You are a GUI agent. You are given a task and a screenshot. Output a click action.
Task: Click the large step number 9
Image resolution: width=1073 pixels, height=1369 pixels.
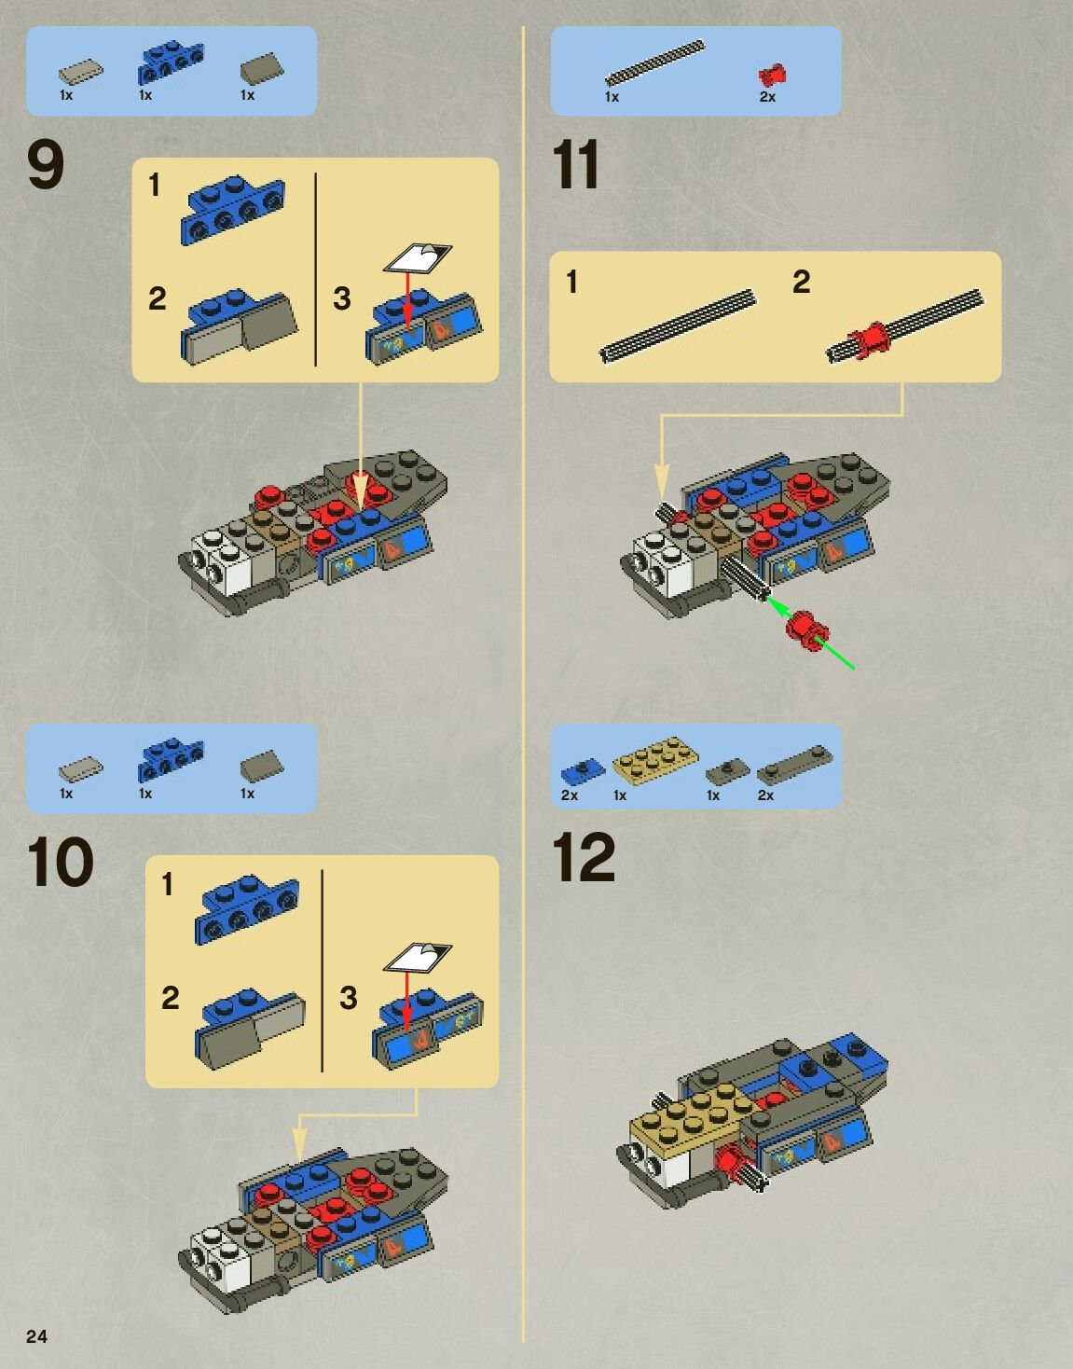click(46, 164)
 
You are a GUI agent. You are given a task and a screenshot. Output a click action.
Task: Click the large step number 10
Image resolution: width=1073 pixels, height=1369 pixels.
click(61, 862)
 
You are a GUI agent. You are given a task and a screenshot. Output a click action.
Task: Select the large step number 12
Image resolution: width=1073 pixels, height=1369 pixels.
click(583, 857)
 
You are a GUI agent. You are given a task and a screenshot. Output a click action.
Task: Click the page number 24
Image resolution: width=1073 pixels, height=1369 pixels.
click(36, 1336)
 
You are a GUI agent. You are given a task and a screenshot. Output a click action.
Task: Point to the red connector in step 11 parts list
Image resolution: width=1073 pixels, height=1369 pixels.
click(772, 76)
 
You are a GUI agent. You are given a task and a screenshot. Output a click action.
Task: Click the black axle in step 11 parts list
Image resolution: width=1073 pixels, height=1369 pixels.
click(654, 62)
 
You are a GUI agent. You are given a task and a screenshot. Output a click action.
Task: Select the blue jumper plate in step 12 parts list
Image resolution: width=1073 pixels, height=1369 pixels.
click(583, 771)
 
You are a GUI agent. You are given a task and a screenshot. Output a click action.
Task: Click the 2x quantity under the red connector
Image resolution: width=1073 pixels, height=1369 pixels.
click(767, 97)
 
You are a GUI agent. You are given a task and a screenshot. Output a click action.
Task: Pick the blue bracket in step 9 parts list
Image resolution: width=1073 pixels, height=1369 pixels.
click(170, 62)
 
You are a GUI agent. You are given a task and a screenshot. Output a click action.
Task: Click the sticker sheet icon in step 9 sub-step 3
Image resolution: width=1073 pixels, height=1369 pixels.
click(418, 257)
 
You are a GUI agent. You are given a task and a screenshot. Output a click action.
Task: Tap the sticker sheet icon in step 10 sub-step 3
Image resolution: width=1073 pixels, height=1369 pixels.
click(418, 959)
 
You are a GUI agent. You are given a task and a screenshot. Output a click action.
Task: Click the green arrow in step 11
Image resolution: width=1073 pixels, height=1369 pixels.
click(811, 634)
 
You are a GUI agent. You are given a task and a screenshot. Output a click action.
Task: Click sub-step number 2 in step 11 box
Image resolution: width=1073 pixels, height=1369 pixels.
click(801, 282)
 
